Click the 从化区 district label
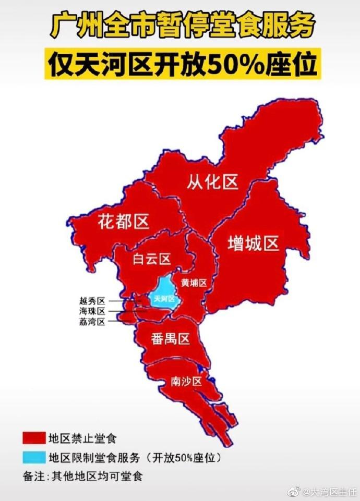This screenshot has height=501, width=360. (212, 182)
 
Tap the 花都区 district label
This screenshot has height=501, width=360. (124, 222)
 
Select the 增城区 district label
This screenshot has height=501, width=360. (254, 243)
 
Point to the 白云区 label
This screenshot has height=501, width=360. (151, 259)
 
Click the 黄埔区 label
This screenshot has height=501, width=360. (194, 282)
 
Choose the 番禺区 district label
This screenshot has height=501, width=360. (170, 339)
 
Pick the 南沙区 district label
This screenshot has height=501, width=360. (186, 382)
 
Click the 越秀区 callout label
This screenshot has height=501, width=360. (92, 301)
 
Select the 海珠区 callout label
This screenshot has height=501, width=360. (92, 311)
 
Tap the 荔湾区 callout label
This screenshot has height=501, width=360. (92, 322)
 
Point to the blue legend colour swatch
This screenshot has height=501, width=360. (33, 458)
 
